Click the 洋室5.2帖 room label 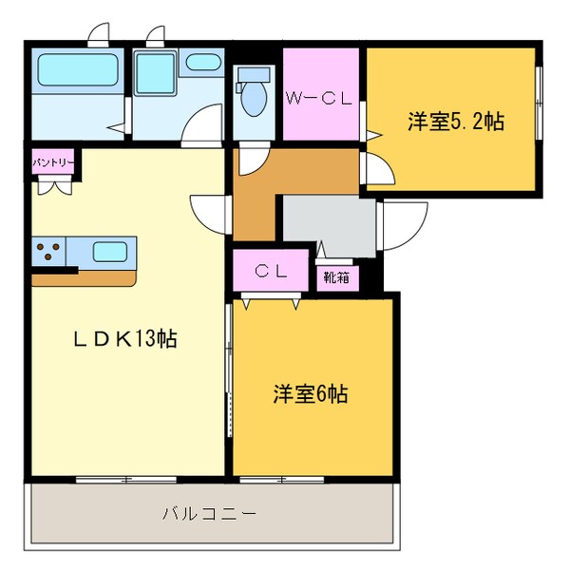coord(455,121)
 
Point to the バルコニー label coord(209,514)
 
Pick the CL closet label coord(271,270)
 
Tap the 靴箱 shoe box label coord(336,277)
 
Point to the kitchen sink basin coord(110,252)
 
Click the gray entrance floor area coord(328,225)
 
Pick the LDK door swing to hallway coord(209,210)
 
